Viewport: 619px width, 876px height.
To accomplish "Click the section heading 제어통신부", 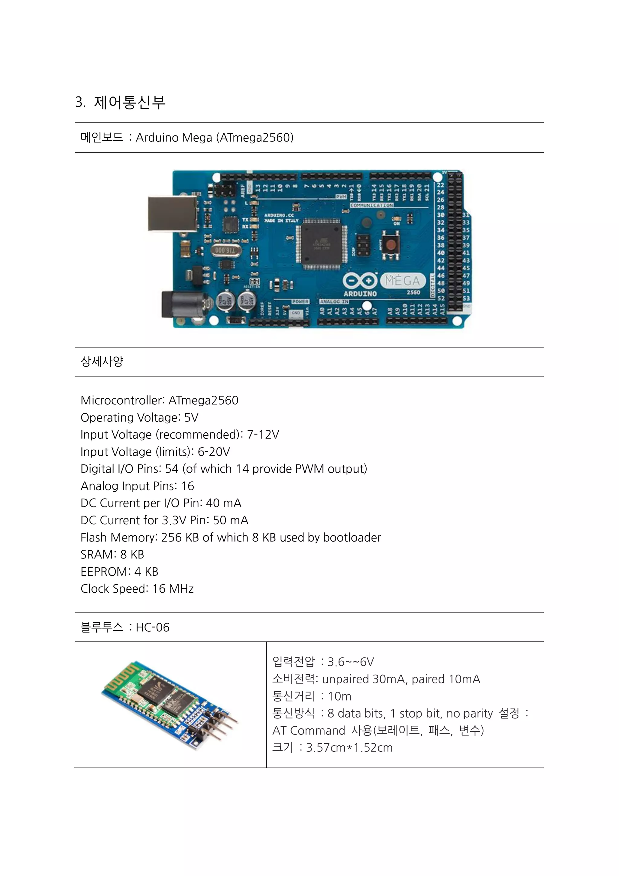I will pos(129,102).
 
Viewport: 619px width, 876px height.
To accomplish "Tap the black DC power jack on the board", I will pos(183,304).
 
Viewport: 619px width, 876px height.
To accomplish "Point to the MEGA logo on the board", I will pos(402,281).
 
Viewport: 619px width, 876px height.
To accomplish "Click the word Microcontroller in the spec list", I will pos(122,400).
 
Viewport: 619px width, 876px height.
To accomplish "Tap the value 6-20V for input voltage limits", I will pos(214,452).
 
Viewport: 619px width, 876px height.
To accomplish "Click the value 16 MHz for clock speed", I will pos(173,589).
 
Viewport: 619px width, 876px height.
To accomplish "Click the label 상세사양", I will pos(102,361).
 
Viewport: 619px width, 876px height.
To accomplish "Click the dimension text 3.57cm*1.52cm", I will pos(349,747).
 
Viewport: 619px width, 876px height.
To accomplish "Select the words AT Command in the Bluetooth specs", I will pos(309,730).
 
